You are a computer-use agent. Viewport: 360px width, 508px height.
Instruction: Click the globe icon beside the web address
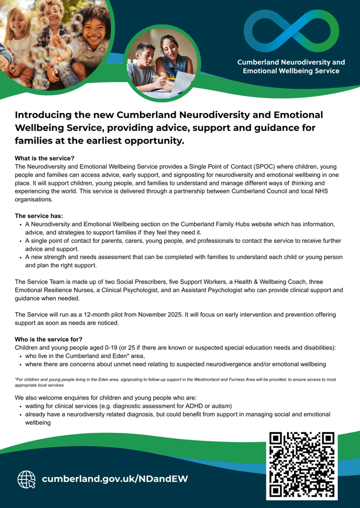tap(25, 479)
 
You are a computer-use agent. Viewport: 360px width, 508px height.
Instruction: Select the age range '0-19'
tap(136, 348)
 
